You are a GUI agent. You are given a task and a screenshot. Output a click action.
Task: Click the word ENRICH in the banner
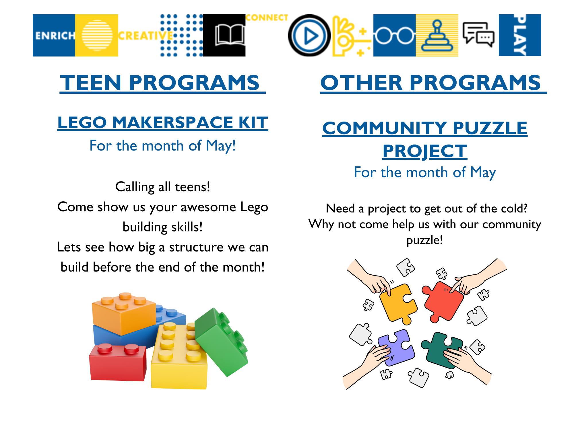click(x=55, y=36)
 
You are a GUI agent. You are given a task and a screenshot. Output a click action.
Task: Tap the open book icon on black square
click(x=230, y=35)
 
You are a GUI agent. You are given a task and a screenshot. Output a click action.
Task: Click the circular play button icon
click(x=309, y=35)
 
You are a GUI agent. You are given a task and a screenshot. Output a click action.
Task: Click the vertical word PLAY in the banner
click(x=520, y=35)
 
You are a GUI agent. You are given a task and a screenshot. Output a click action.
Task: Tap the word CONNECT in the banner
click(x=267, y=18)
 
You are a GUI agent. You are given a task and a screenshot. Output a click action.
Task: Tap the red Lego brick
click(x=118, y=362)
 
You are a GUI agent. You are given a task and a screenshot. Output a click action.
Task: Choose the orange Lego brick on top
click(x=123, y=313)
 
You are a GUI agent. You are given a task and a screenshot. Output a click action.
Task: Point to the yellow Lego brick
click(x=179, y=356)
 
